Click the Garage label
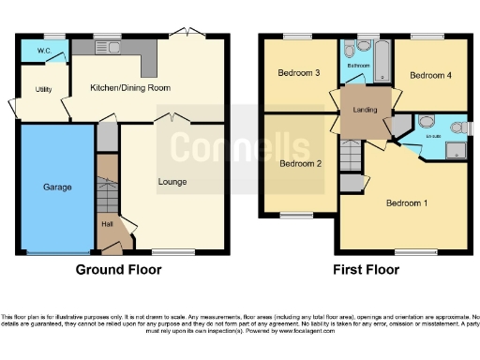[57, 187]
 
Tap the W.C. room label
[43, 50]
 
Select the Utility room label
[43, 89]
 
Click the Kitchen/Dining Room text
[130, 87]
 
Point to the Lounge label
[172, 181]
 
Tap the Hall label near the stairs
[106, 224]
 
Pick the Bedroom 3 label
[298, 73]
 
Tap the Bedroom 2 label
[298, 163]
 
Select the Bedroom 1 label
[407, 202]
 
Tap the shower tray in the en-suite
[457, 150]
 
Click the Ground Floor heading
[118, 270]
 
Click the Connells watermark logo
[240, 148]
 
